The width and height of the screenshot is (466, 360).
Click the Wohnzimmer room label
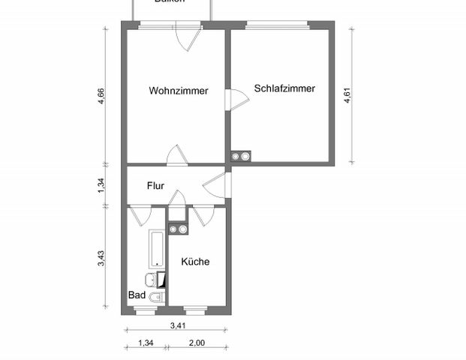178,91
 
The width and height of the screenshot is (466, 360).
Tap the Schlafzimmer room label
284,88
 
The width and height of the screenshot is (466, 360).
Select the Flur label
155,184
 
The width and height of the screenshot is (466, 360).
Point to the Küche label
194,262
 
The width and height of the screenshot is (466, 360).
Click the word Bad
137,295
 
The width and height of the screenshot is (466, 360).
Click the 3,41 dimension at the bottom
177,325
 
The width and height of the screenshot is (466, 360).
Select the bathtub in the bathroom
156,248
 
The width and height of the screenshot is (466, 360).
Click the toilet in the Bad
155,299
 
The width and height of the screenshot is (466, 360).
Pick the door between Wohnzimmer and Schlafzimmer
236,100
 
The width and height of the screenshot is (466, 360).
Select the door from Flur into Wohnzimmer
176,155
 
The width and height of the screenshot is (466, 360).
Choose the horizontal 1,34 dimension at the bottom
146,343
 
